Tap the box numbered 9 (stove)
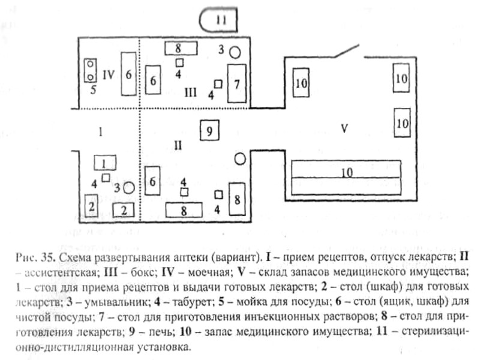(208, 130)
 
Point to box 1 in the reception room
(104, 162)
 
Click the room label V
(344, 128)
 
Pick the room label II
(178, 145)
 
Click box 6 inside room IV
(128, 74)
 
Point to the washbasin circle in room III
(236, 52)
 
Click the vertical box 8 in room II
(238, 199)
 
